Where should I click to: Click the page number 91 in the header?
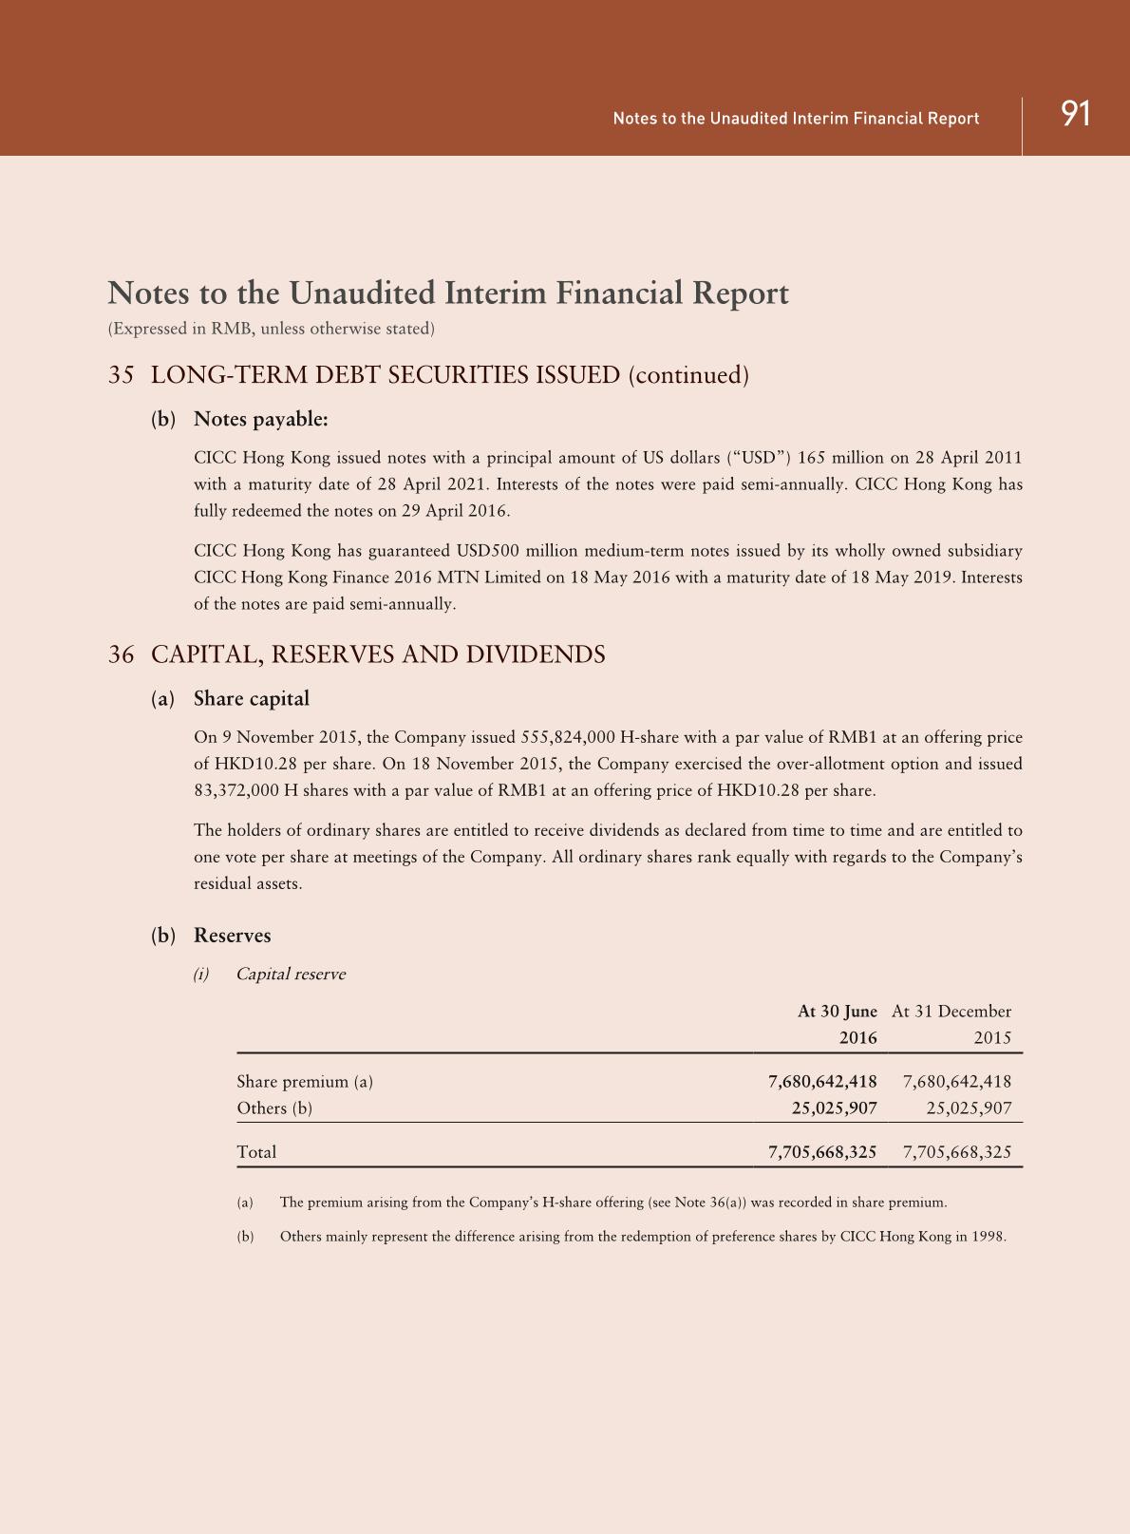click(x=1075, y=114)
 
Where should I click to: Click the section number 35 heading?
click(x=121, y=375)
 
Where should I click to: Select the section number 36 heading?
click(x=121, y=654)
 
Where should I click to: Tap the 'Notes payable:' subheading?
click(x=260, y=419)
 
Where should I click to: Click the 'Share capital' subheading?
click(x=252, y=699)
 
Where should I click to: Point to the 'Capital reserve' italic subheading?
click(x=291, y=974)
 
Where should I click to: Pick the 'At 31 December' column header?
click(x=951, y=1012)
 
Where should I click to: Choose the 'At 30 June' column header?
click(x=837, y=1012)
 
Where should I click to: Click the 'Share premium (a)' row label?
click(x=305, y=1081)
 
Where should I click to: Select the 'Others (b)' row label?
click(x=274, y=1108)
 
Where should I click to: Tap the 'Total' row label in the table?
click(x=256, y=1152)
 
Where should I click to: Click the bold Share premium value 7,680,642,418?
click(x=822, y=1081)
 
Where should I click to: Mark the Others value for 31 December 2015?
click(x=969, y=1108)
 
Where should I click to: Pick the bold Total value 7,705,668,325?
click(x=822, y=1152)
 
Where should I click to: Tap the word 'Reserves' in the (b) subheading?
click(x=233, y=936)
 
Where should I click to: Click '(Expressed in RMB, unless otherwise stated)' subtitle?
click(x=272, y=329)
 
